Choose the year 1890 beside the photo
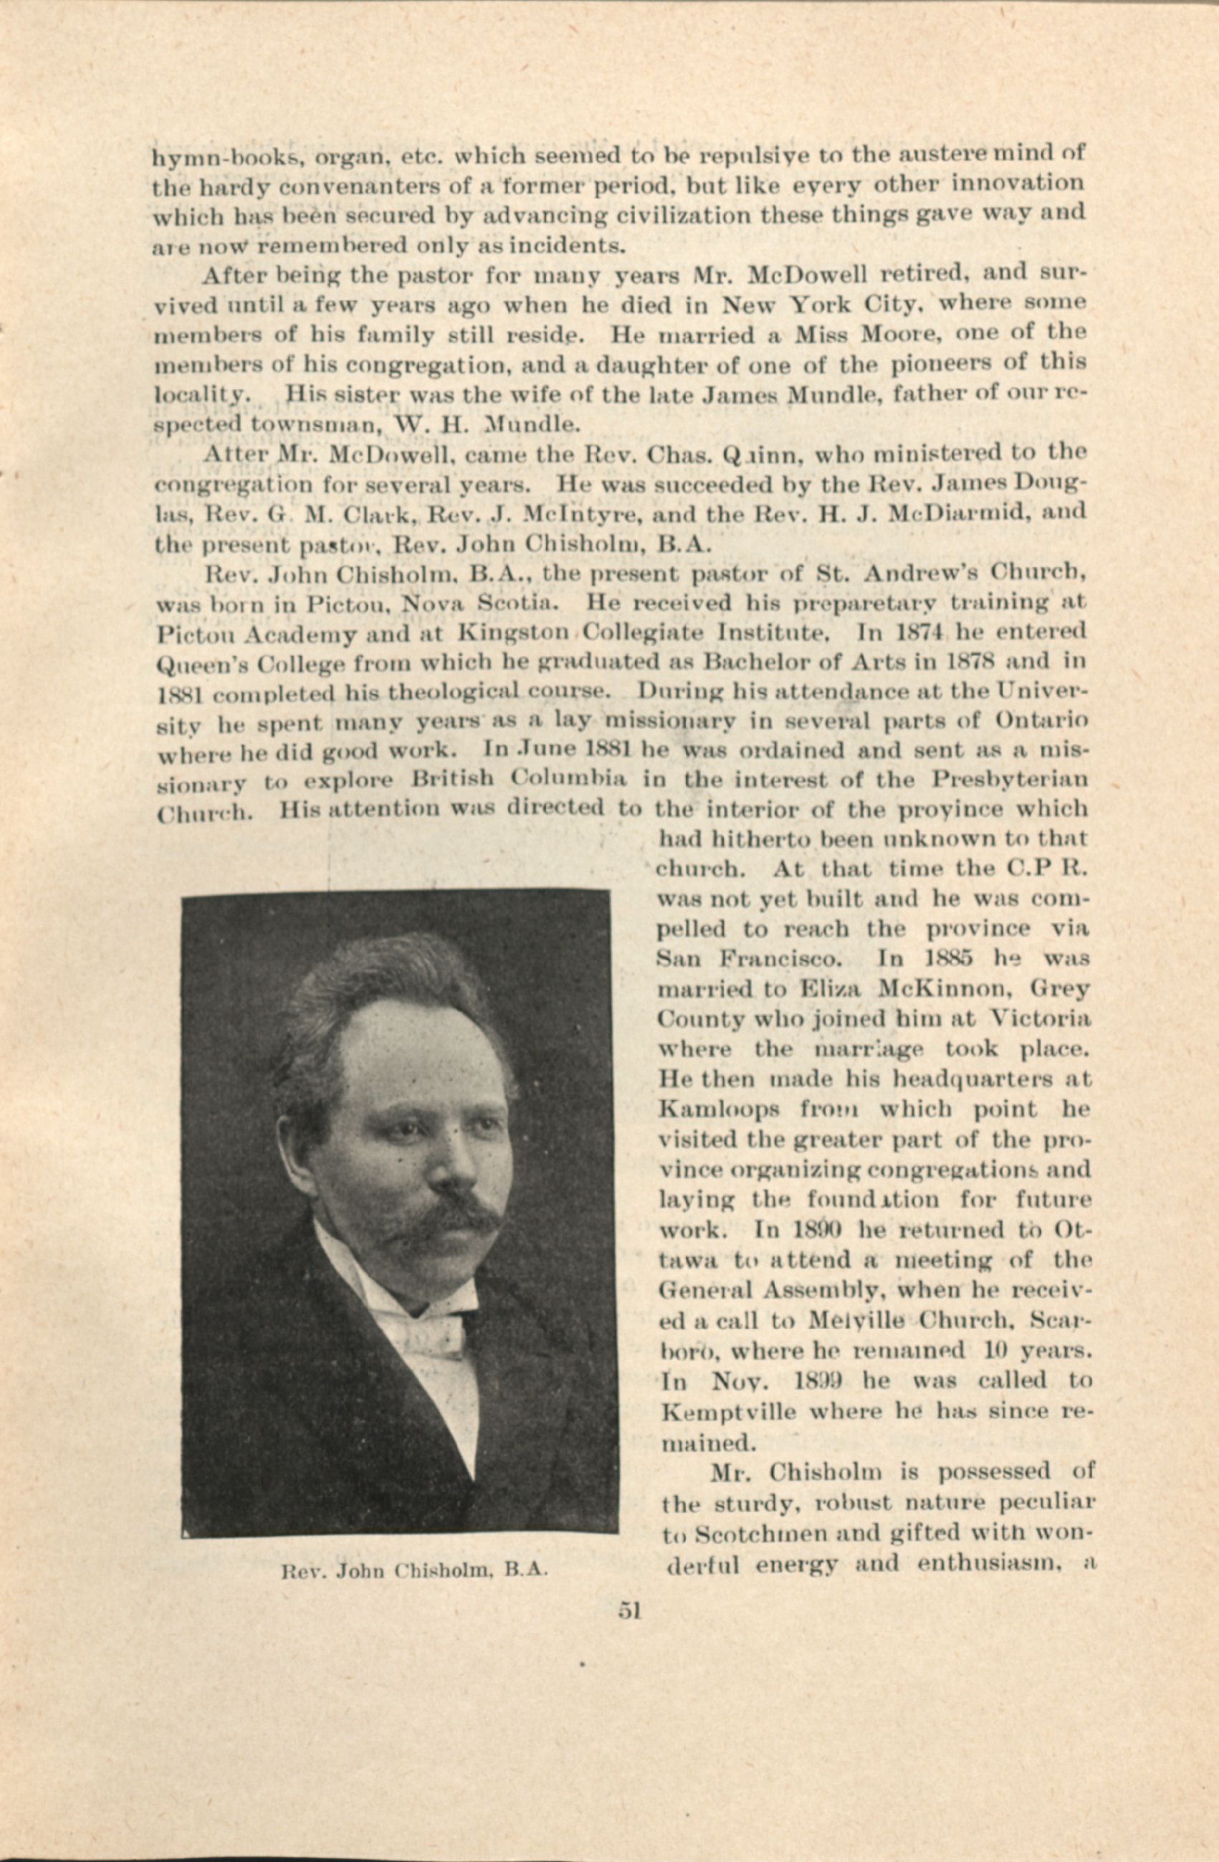click(805, 1230)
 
